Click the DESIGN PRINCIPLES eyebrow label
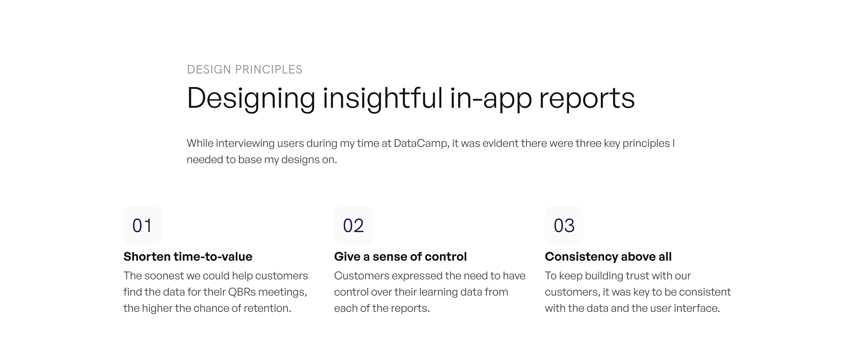point(245,69)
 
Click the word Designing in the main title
point(251,98)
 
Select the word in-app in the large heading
point(491,98)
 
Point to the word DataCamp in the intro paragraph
point(421,143)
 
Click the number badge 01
point(142,225)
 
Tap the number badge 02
point(353,225)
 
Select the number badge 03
point(564,225)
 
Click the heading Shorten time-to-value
point(188,256)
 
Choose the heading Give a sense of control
point(400,256)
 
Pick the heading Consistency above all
point(608,257)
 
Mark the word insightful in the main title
point(383,98)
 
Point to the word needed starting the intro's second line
point(205,160)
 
